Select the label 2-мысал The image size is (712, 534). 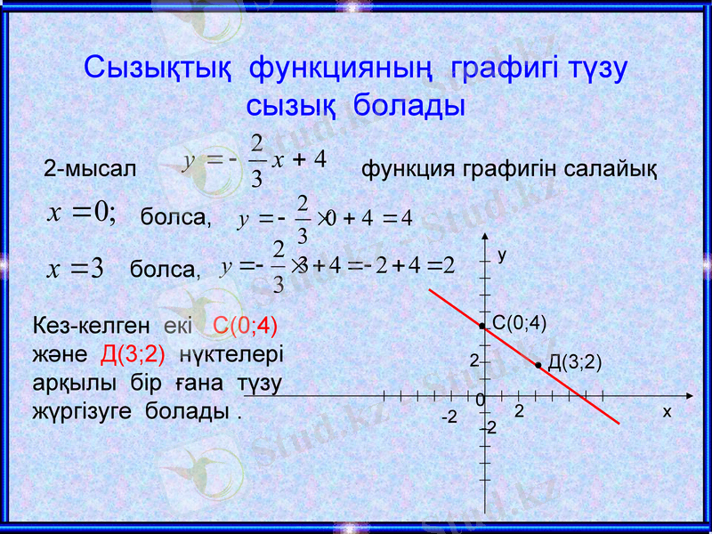pos(90,168)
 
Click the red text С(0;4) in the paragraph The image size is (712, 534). pos(252,325)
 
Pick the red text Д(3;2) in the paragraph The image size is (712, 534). pos(133,354)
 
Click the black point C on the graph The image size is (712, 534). pos(482,327)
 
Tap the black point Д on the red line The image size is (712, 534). pos(539,365)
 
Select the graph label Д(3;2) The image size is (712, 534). pos(575,361)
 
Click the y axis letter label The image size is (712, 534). pos(502,255)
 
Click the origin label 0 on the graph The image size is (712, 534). pos(480,401)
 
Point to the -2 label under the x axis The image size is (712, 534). pos(450,417)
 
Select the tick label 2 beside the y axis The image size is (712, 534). pos(474,361)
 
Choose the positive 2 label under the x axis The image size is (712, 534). pos(519,414)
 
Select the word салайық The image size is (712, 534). pos(615,168)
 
